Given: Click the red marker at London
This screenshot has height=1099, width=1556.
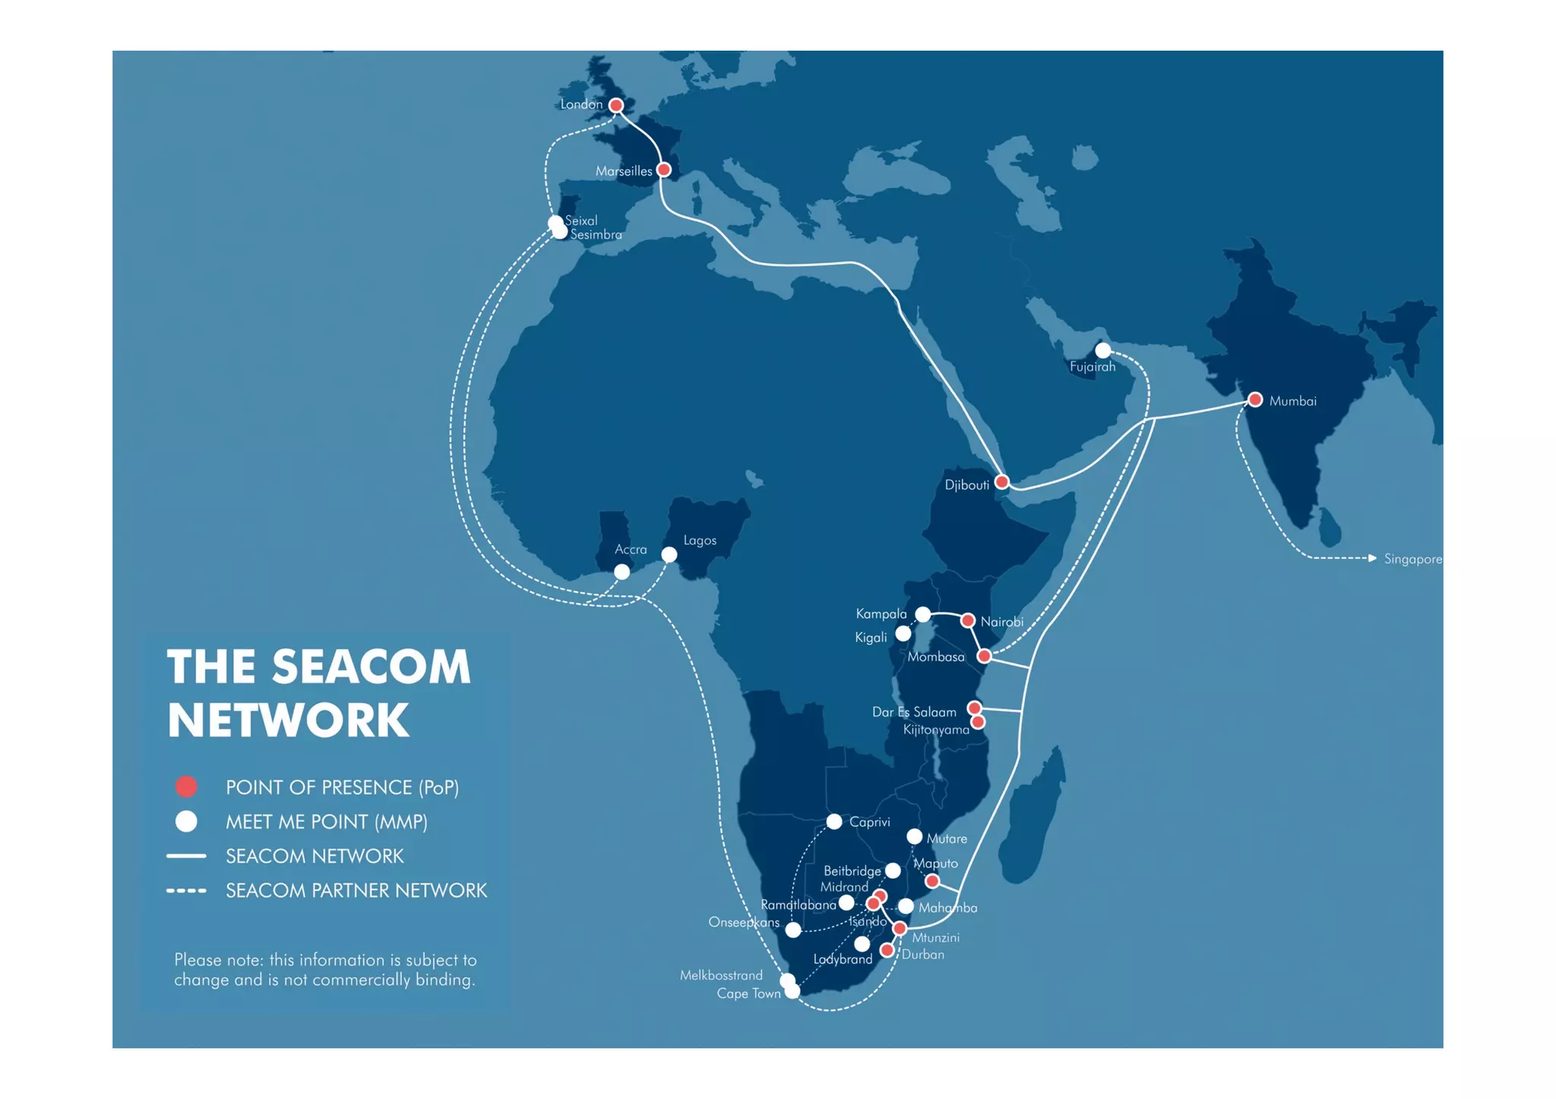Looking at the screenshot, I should pos(616,106).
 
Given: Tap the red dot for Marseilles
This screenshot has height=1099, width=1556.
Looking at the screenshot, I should pos(664,170).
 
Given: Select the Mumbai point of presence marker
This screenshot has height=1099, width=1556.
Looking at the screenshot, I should pos(1255,399).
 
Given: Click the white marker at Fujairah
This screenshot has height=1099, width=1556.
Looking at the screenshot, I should pos(1103,350).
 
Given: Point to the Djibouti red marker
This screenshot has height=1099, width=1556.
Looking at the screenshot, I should pos(1002,482).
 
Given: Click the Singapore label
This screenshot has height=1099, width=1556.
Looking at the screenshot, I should pos(1412,560).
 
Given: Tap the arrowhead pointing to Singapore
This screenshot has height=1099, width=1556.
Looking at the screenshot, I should pos(1372,558).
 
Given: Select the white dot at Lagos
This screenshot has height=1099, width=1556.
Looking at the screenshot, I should pos(669,555).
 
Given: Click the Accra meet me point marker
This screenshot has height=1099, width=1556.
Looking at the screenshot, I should pos(622,572).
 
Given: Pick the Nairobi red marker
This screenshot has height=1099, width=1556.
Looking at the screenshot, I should pos(968,621).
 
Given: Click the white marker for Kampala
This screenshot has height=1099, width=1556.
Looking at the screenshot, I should pos(923,614).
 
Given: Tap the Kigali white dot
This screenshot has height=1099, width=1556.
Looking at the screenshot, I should pos(903,633).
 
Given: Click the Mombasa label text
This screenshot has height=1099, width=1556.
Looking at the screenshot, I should pos(935,658).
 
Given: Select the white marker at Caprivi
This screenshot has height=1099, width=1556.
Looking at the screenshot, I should pos(834,822).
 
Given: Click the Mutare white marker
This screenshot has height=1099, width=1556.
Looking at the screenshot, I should pos(915,837).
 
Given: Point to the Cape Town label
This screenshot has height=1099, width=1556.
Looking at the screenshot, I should pos(748,994).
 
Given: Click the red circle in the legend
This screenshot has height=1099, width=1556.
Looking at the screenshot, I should pos(186,787).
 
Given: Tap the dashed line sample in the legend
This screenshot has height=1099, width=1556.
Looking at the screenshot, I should pos(186,891).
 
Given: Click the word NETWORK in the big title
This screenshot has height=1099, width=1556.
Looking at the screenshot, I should pos(288,720).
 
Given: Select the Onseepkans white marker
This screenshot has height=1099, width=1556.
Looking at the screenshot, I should pos(793,930).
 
